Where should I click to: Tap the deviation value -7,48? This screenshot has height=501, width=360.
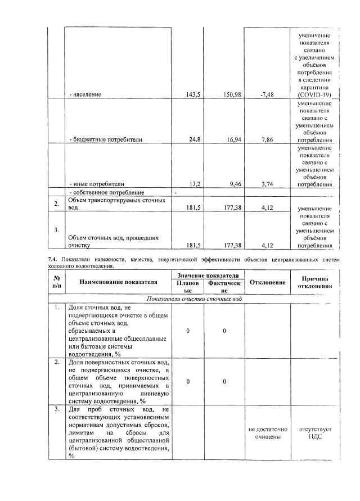tap(267, 94)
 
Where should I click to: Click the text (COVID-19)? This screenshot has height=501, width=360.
tap(314, 95)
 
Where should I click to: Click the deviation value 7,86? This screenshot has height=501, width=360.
tap(267, 139)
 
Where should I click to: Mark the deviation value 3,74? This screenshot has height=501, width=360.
tap(267, 183)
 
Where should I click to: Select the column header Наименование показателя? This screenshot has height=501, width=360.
tap(118, 281)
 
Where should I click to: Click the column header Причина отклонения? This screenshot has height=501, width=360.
tap(314, 282)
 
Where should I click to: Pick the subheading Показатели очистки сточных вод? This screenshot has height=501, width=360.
tap(194, 299)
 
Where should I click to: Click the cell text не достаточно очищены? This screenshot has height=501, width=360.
tap(267, 432)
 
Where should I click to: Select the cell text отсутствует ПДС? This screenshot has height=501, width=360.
tap(315, 432)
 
